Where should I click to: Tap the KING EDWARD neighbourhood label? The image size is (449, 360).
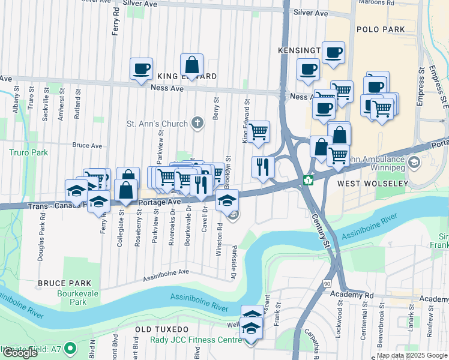[179, 77]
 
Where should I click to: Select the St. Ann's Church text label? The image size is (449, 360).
[157, 124]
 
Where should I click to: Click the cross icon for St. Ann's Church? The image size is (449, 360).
[199, 124]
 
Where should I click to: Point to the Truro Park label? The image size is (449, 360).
[28, 152]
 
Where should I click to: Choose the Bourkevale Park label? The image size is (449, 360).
[77, 298]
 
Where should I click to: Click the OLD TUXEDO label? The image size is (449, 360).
[162, 330]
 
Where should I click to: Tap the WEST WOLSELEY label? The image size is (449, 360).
[367, 182]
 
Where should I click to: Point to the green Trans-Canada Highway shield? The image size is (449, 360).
[308, 179]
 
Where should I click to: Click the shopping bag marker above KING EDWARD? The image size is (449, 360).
[191, 65]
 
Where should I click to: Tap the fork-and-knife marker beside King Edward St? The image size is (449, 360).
[262, 167]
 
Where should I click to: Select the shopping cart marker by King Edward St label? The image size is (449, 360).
[258, 131]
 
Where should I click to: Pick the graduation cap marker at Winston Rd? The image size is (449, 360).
[227, 200]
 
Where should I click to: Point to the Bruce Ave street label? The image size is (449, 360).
[88, 145]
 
